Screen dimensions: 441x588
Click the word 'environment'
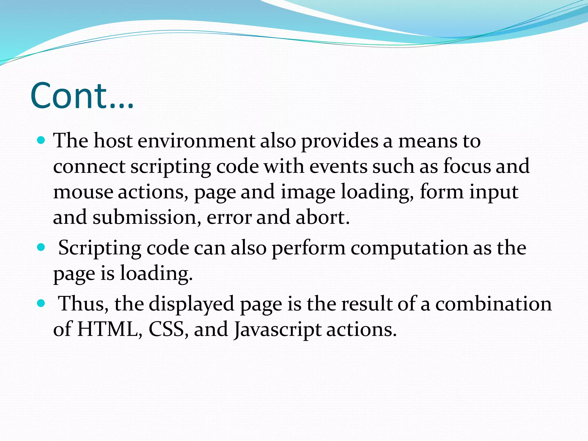pyautogui.click(x=196, y=141)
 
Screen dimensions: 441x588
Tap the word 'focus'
pyautogui.click(x=467, y=166)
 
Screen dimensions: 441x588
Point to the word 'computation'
pyautogui.click(x=409, y=248)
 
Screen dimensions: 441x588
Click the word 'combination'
pyautogui.click(x=493, y=304)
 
